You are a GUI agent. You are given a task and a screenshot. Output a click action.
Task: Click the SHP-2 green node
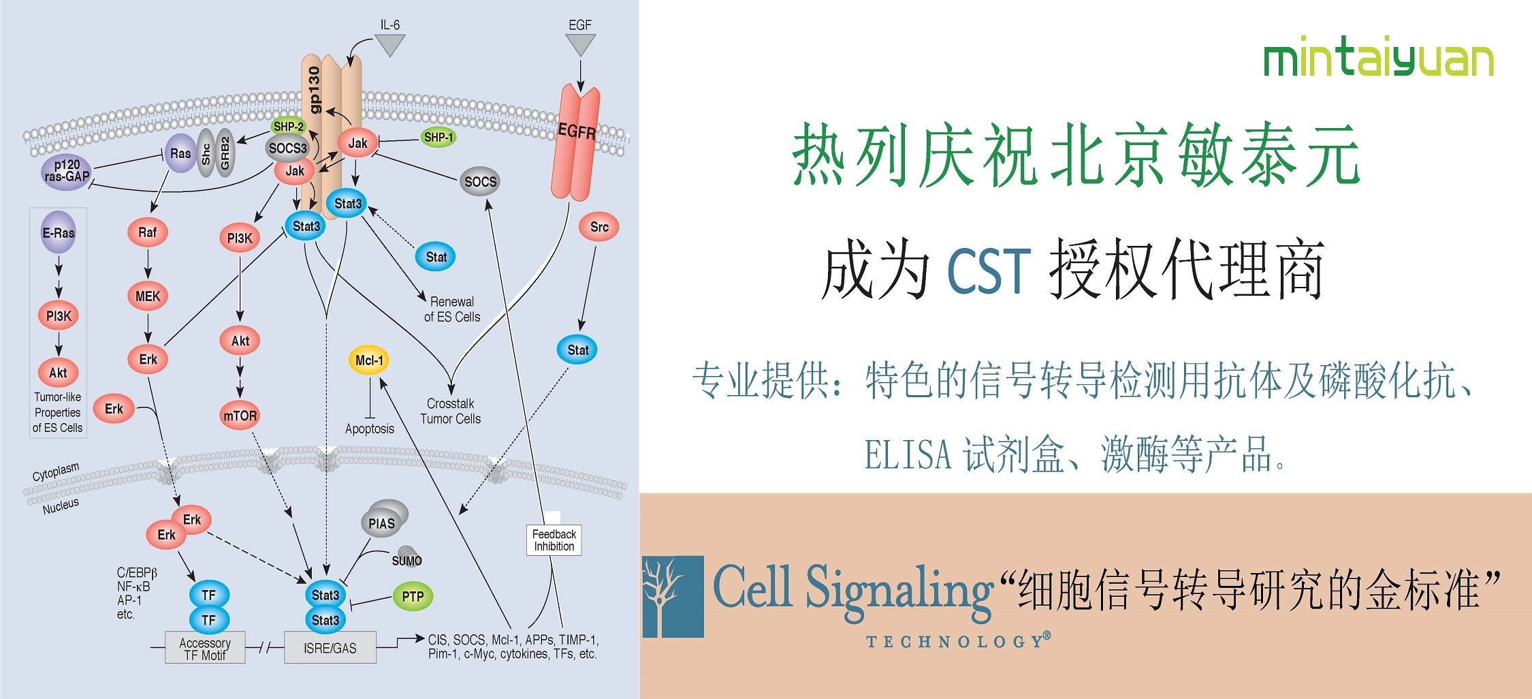tap(289, 127)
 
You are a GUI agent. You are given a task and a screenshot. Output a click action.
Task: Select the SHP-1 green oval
tap(438, 137)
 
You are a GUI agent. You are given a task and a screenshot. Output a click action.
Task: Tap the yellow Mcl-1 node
tap(369, 360)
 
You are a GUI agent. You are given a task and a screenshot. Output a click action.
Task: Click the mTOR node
tap(240, 416)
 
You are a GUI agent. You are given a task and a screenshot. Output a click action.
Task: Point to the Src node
tap(599, 227)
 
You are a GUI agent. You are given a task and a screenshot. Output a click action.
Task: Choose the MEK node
tap(148, 296)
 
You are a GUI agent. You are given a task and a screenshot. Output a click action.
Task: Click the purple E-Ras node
tap(59, 233)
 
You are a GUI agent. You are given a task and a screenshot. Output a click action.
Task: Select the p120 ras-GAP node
tap(67, 171)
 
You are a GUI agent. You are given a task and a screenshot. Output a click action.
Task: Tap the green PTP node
tap(413, 597)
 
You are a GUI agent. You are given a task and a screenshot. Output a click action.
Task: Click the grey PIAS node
tap(382, 523)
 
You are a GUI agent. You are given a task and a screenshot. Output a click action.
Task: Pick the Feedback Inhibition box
tap(554, 540)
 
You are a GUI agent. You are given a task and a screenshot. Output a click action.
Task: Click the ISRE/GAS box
tap(330, 648)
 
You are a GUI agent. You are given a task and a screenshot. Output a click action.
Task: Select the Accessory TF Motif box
tap(205, 649)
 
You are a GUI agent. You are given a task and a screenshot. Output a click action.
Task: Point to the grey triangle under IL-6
tap(390, 45)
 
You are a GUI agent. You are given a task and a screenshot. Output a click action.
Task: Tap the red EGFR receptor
tap(576, 143)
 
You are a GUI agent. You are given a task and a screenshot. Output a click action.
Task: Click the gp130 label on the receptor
tap(314, 89)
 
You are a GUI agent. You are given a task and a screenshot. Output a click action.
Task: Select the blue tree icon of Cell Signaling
tap(673, 597)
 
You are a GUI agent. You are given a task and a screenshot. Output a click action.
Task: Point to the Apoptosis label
tap(369, 429)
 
